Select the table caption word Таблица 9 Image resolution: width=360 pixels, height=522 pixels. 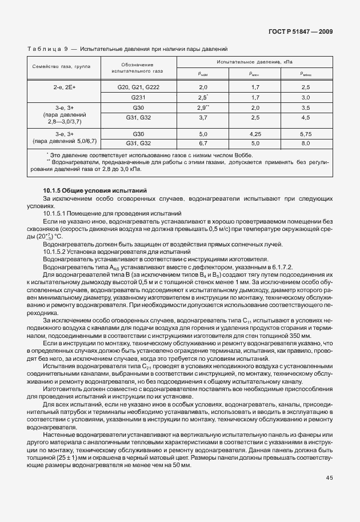click(47, 50)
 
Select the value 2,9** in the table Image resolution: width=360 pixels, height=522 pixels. click(203, 107)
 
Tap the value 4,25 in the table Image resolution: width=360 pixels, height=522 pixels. click(255, 133)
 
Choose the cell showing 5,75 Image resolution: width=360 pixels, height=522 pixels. click(306, 133)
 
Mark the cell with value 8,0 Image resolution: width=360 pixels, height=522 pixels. click(306, 142)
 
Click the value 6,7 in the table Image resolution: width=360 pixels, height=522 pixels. click(203, 142)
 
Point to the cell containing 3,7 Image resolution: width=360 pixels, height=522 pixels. click(203, 117)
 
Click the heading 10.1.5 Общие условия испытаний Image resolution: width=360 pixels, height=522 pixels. click(95, 189)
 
